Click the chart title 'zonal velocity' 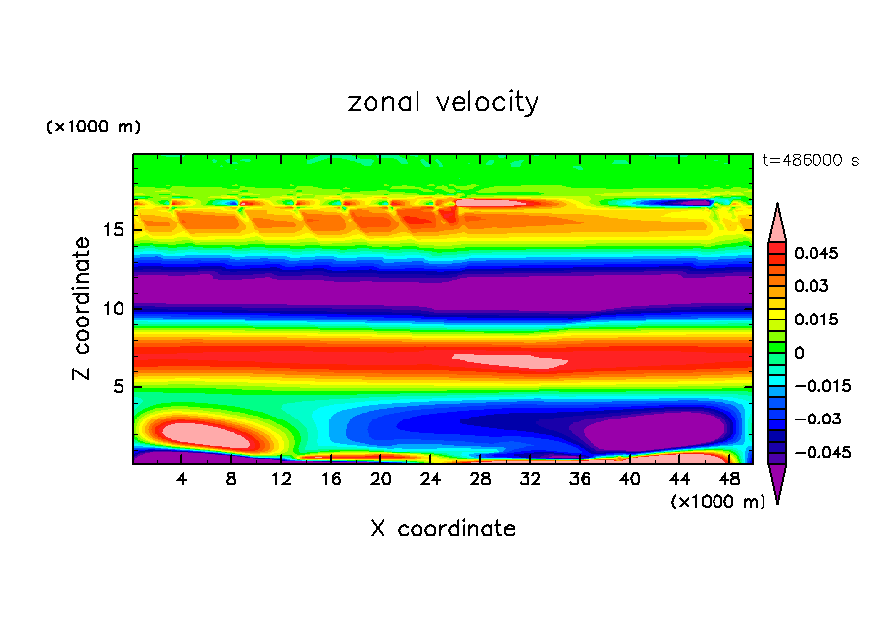click(443, 102)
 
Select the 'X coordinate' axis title click(443, 529)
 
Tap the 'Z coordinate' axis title click(82, 309)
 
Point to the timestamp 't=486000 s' click(810, 160)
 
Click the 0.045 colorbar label click(816, 253)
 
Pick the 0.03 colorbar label click(812, 286)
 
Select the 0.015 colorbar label click(816, 320)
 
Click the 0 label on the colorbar click(799, 353)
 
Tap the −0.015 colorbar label click(820, 386)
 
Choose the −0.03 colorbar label click(816, 419)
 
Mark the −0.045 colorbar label click(820, 453)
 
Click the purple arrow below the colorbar click(777, 481)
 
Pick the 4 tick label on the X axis click(182, 479)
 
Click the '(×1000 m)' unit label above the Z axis click(93, 127)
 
